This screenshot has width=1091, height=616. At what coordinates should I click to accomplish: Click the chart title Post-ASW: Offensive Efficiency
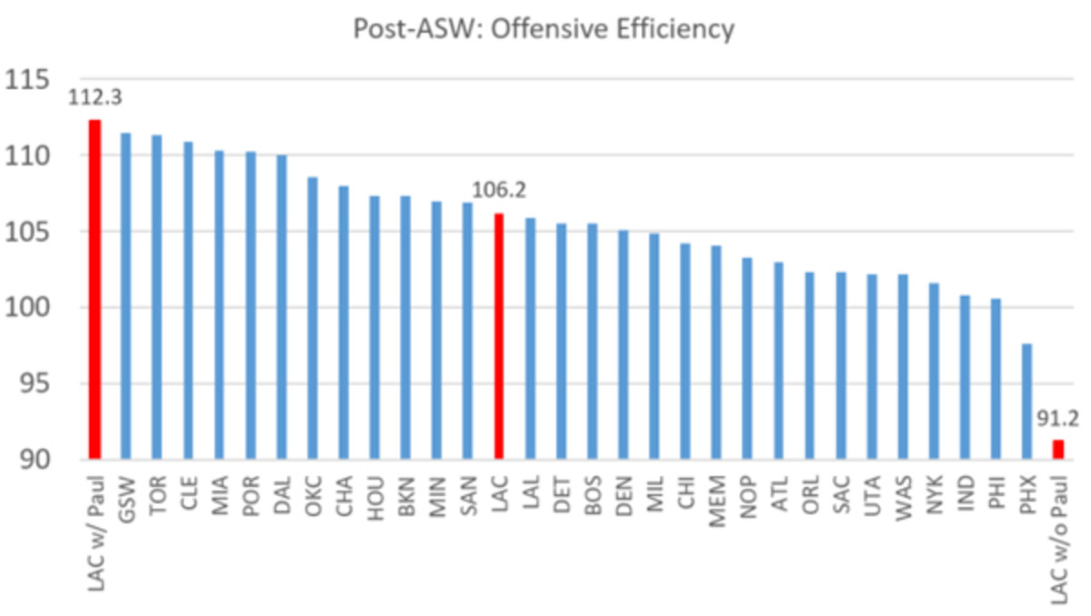click(x=544, y=30)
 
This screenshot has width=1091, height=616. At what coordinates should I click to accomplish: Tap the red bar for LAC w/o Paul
click(x=1058, y=450)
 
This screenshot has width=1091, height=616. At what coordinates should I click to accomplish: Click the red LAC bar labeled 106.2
click(x=498, y=336)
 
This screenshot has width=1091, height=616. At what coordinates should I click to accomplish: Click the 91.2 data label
click(x=1056, y=420)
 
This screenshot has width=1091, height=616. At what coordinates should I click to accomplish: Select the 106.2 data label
click(x=499, y=192)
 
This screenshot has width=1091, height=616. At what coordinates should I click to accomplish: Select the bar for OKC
click(x=312, y=318)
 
